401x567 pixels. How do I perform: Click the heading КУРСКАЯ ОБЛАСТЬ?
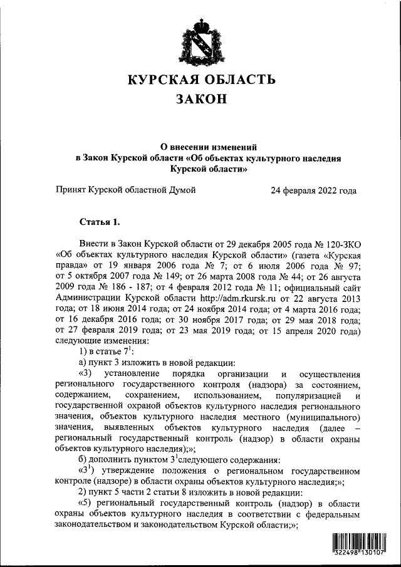tap(201, 80)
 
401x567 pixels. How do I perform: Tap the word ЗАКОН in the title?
tap(201, 100)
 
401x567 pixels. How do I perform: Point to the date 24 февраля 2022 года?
tap(313, 190)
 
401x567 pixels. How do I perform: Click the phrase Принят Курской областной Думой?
tap(125, 190)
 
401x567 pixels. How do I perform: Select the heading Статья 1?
tap(99, 222)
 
